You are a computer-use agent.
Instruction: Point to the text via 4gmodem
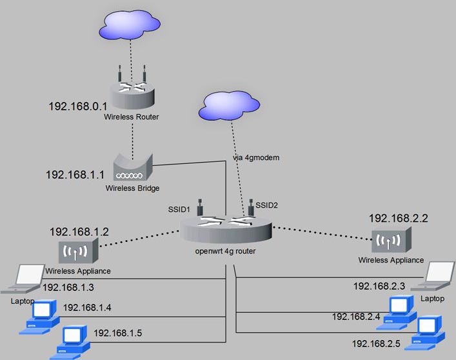[256, 157]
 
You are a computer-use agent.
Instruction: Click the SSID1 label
[180, 210]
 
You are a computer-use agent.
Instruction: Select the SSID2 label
[267, 205]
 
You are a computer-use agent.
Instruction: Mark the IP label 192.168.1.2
[79, 231]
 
